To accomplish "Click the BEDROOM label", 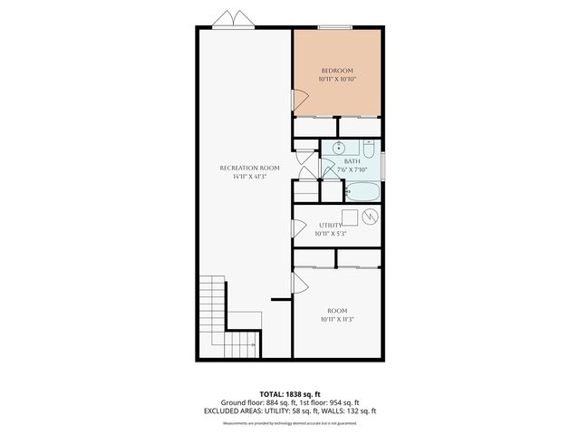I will pyautogui.click(x=336, y=70).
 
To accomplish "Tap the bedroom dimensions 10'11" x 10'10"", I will pyautogui.click(x=336, y=80).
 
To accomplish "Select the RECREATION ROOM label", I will pyautogui.click(x=249, y=168).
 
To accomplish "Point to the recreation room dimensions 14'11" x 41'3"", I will pyautogui.click(x=249, y=177).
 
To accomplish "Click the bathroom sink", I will pyautogui.click(x=339, y=149).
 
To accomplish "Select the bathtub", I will pyautogui.click(x=361, y=192).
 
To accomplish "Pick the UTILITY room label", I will pyautogui.click(x=330, y=225).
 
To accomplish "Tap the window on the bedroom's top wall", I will pyautogui.click(x=336, y=27).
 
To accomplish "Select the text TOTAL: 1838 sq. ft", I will pyautogui.click(x=290, y=394).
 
